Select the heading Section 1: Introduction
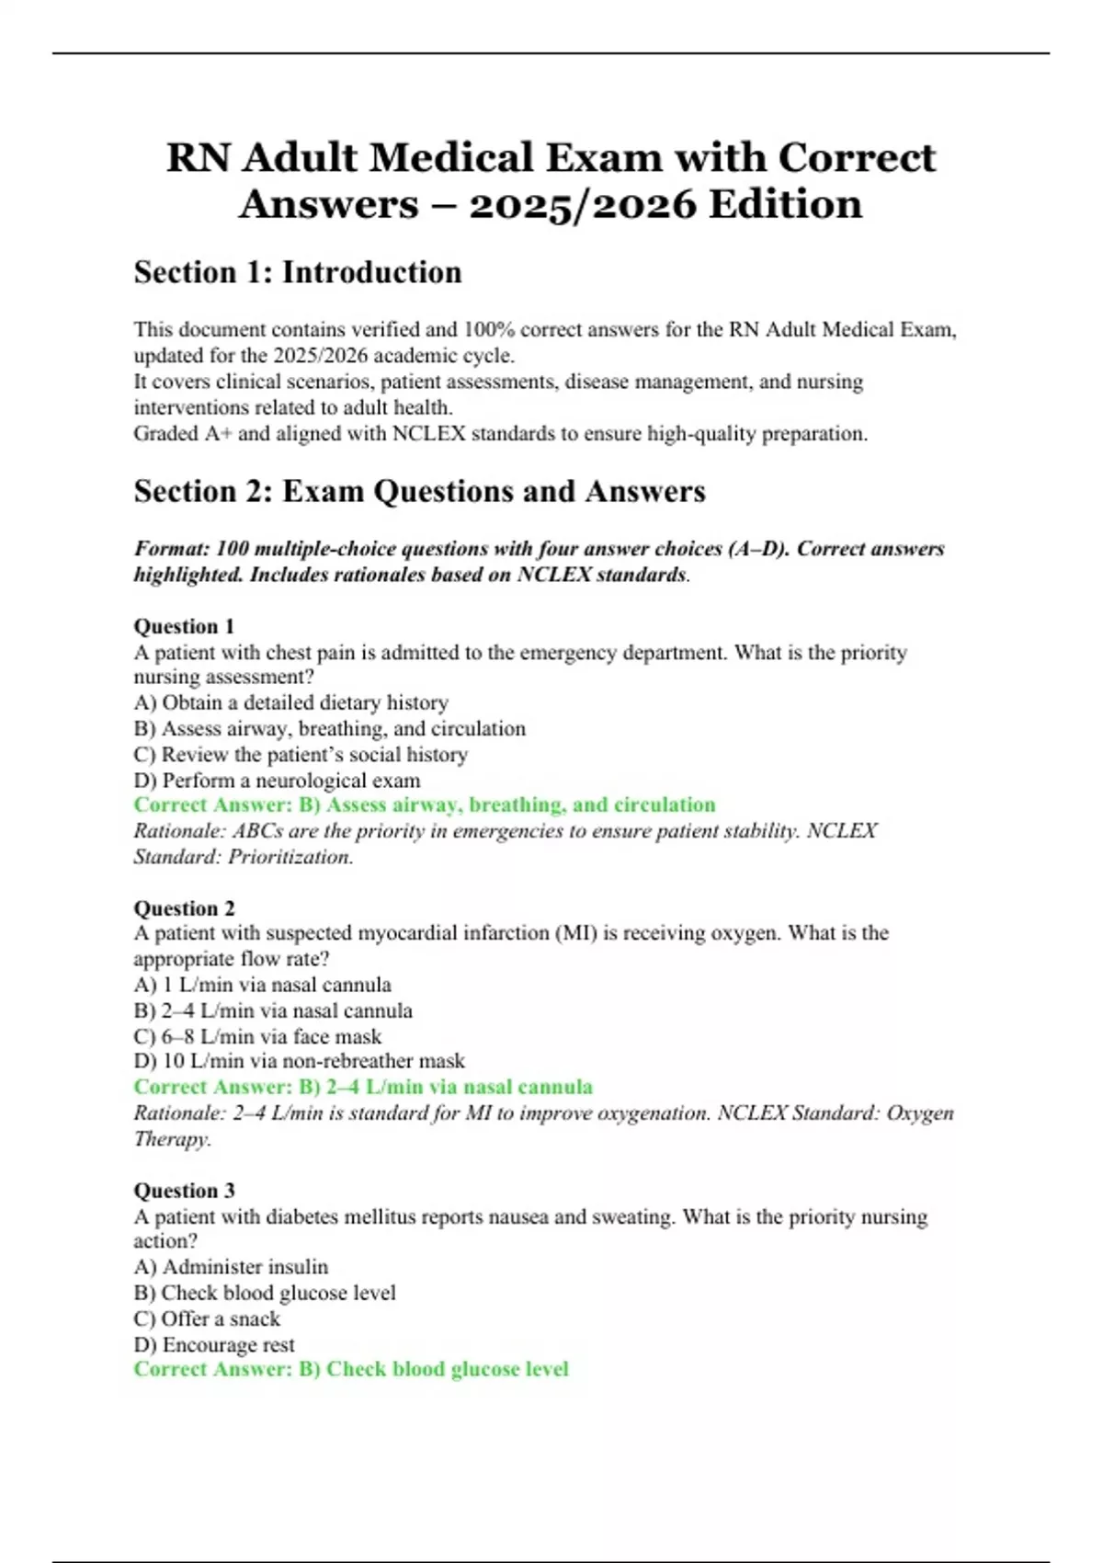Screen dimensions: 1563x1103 pyautogui.click(x=298, y=272)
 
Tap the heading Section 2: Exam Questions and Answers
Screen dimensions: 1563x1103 pyautogui.click(x=419, y=491)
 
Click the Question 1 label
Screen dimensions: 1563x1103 pyautogui.click(x=184, y=626)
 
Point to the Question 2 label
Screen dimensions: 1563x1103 pyautogui.click(x=184, y=908)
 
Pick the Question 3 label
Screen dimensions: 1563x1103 pyautogui.click(x=184, y=1191)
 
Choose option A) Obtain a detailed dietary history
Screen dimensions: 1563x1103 pyautogui.click(x=290, y=702)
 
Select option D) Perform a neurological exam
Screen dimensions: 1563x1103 pyautogui.click(x=277, y=781)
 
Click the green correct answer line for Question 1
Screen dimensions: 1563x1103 pyautogui.click(x=424, y=804)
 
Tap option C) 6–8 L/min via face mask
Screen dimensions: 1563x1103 pyautogui.click(x=257, y=1036)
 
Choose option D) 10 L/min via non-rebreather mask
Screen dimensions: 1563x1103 pyautogui.click(x=299, y=1061)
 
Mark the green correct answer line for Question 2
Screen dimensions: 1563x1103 pyautogui.click(x=362, y=1087)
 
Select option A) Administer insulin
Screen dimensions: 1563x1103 pyautogui.click(x=231, y=1267)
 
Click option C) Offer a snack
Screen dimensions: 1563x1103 pyautogui.click(x=207, y=1318)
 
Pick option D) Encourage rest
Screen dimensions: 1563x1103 pyautogui.click(x=214, y=1344)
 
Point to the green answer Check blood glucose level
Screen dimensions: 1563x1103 pyautogui.click(x=447, y=1369)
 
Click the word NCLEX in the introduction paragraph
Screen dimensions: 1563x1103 pyautogui.click(x=429, y=433)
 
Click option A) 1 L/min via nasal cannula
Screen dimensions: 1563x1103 pyautogui.click(x=262, y=985)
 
